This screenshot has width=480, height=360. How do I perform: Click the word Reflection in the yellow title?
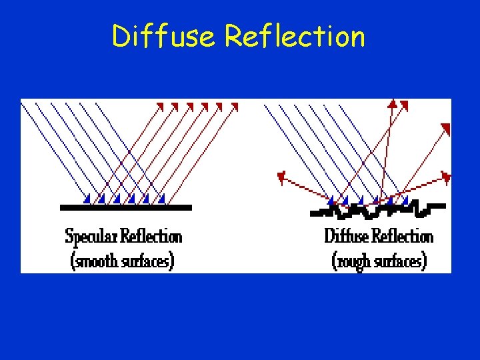295,36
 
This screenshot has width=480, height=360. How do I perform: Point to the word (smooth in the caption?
95,260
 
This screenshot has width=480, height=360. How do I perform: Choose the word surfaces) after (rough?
401,260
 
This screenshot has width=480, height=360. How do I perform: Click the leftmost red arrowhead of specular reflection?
160,105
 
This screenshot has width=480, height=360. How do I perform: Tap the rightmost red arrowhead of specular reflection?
234,105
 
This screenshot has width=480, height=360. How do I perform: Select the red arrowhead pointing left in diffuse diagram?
281,177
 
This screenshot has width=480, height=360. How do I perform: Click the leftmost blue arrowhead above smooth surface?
87,198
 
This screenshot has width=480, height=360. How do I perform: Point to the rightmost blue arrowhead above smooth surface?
162,198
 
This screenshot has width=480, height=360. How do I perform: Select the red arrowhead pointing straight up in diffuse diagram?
393,103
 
